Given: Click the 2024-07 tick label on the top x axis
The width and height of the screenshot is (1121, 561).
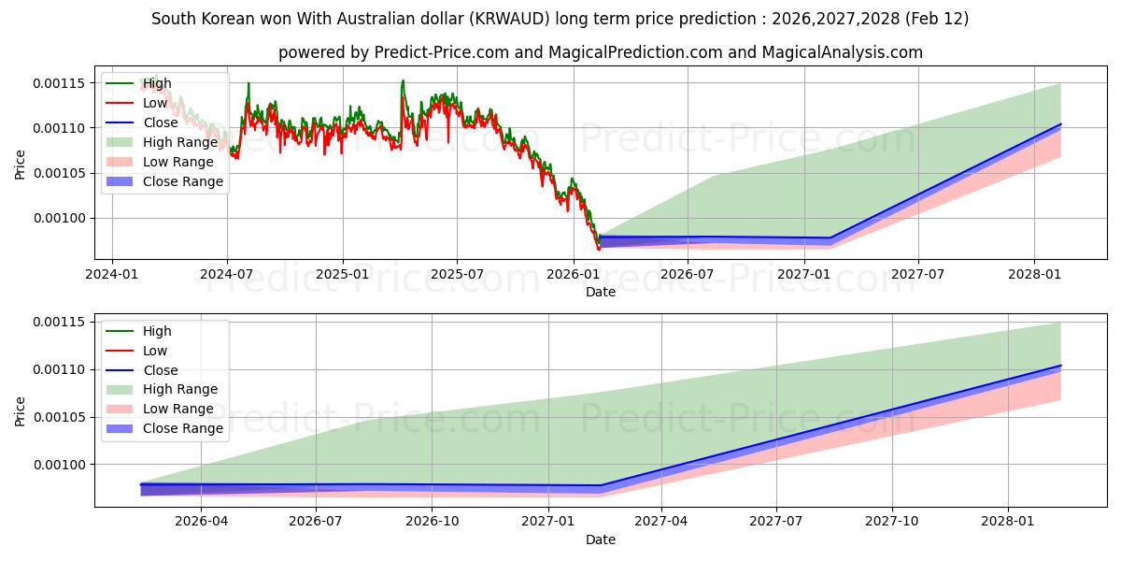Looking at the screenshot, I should [227, 274].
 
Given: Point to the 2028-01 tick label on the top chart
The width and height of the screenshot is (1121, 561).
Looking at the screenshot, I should [1034, 274].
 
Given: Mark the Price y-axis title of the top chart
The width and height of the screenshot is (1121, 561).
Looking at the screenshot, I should [21, 165].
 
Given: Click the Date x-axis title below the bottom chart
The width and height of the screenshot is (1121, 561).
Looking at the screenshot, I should [601, 539].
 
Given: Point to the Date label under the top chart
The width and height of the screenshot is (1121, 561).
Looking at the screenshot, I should [601, 292].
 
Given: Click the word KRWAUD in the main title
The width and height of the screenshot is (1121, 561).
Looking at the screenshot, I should [514, 19].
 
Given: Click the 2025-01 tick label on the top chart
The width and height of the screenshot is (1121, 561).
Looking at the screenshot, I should [342, 274].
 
